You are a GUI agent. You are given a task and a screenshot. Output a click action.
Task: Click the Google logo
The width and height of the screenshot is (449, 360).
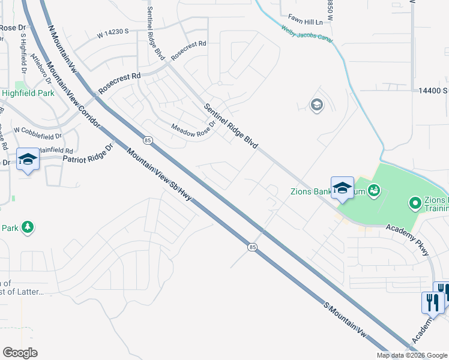20,353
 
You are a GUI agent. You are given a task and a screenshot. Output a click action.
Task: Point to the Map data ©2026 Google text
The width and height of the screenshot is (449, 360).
412,355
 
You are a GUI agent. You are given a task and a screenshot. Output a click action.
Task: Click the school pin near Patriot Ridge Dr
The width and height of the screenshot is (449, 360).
28,160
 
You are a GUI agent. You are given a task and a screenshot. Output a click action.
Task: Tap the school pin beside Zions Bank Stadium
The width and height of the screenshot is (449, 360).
342,188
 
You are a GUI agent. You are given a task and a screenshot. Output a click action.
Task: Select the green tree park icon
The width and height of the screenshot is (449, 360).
26,227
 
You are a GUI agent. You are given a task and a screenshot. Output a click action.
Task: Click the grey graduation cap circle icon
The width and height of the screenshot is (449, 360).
316,106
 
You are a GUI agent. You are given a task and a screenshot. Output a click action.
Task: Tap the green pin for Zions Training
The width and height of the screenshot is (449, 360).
415,204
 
